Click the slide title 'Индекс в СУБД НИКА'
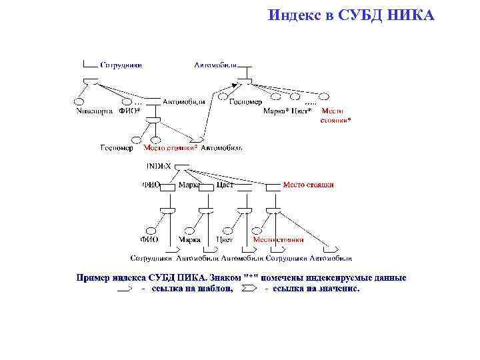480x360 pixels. [x=351, y=14]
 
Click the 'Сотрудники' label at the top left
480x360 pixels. [x=121, y=65]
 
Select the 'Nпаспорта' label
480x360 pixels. [x=93, y=111]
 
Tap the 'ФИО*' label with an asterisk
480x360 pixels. [x=129, y=111]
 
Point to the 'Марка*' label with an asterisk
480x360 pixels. [x=276, y=111]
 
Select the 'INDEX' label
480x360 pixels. [x=158, y=165]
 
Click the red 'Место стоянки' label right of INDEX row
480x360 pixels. [x=308, y=185]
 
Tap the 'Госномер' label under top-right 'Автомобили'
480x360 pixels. [x=245, y=102]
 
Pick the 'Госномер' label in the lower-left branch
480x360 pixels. [x=117, y=147]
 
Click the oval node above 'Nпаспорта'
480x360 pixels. [x=79, y=101]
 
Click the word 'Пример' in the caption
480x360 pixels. [x=94, y=277]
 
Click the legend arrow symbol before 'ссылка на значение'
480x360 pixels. [x=247, y=289]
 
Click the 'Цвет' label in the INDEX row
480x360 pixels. [x=225, y=185]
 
